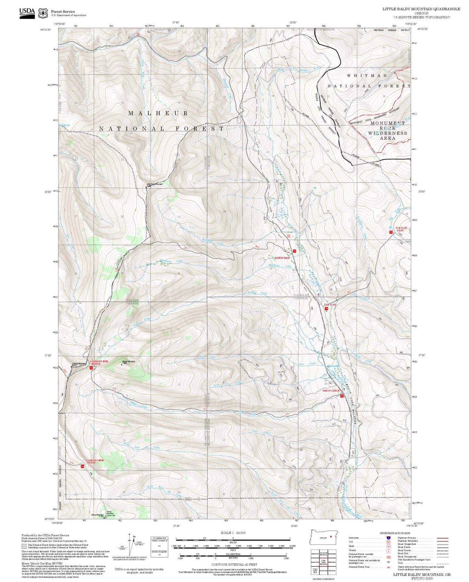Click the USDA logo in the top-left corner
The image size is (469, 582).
pos(27,13)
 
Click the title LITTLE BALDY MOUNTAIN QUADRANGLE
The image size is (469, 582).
pos(421,9)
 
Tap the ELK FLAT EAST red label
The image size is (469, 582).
pos(401,229)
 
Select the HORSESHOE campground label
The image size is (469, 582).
pos(282,258)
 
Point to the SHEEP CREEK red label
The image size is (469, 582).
pos(331,391)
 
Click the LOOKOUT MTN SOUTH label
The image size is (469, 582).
pos(94,461)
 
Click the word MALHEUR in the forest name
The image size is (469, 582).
pos(158,113)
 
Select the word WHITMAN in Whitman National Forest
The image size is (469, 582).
pos(367,76)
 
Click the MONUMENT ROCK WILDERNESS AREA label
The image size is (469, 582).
pos(388,131)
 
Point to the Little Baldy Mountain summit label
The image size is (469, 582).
pos(154,184)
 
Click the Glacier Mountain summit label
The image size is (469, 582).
pos(129,362)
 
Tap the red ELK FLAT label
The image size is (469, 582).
pos(330,305)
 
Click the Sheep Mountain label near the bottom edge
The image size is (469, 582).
pos(97,515)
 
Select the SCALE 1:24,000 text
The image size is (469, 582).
pos(233,533)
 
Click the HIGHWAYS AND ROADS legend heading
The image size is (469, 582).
pos(395,533)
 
